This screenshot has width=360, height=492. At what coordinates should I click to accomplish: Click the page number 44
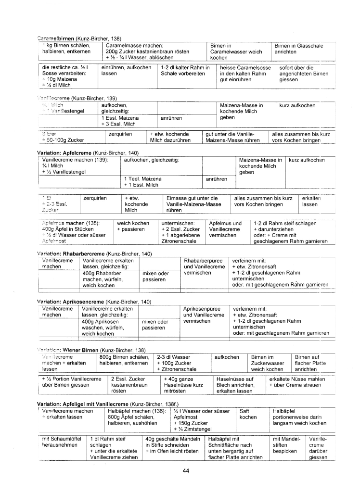pos(186,470)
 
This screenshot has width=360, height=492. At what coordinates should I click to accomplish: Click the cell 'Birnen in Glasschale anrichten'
pos(298,49)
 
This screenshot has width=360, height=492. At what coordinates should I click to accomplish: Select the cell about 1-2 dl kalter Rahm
pos(185,71)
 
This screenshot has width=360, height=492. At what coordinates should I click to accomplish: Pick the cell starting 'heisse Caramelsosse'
pos(245,74)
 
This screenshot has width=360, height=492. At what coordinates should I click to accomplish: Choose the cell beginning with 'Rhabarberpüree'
pos(204,266)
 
